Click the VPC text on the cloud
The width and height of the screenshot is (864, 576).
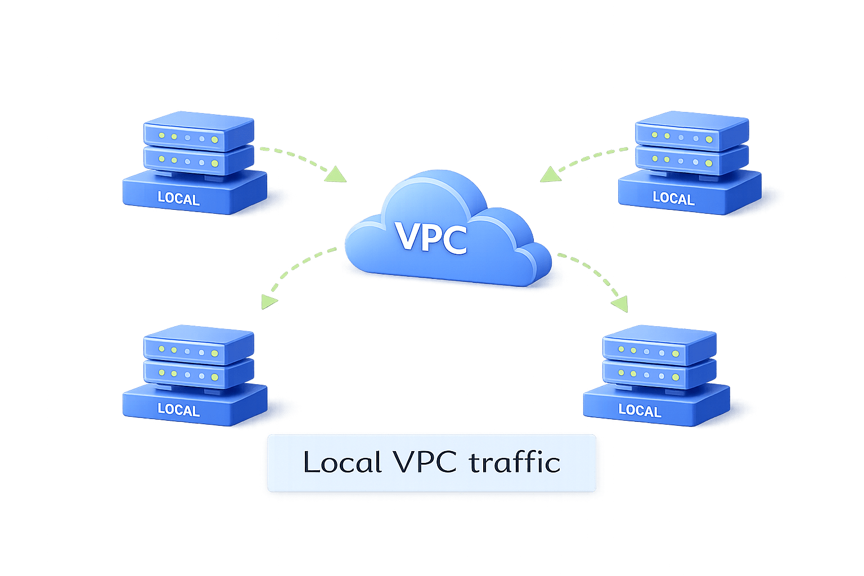(x=431, y=237)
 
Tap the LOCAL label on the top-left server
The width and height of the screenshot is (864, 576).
(x=179, y=199)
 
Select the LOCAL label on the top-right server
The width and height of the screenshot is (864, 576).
(x=673, y=198)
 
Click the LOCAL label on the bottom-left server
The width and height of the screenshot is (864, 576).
(x=179, y=409)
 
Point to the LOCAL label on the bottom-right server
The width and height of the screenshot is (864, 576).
(x=640, y=411)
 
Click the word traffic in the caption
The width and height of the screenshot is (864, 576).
(x=515, y=462)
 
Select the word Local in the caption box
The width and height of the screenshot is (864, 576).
(x=343, y=462)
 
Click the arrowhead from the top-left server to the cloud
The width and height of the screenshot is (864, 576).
(x=337, y=175)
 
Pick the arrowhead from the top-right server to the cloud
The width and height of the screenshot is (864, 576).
(x=550, y=175)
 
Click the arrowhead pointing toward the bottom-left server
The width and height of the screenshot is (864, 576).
(x=268, y=302)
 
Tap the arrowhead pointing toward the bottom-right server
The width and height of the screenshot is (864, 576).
(x=620, y=304)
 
